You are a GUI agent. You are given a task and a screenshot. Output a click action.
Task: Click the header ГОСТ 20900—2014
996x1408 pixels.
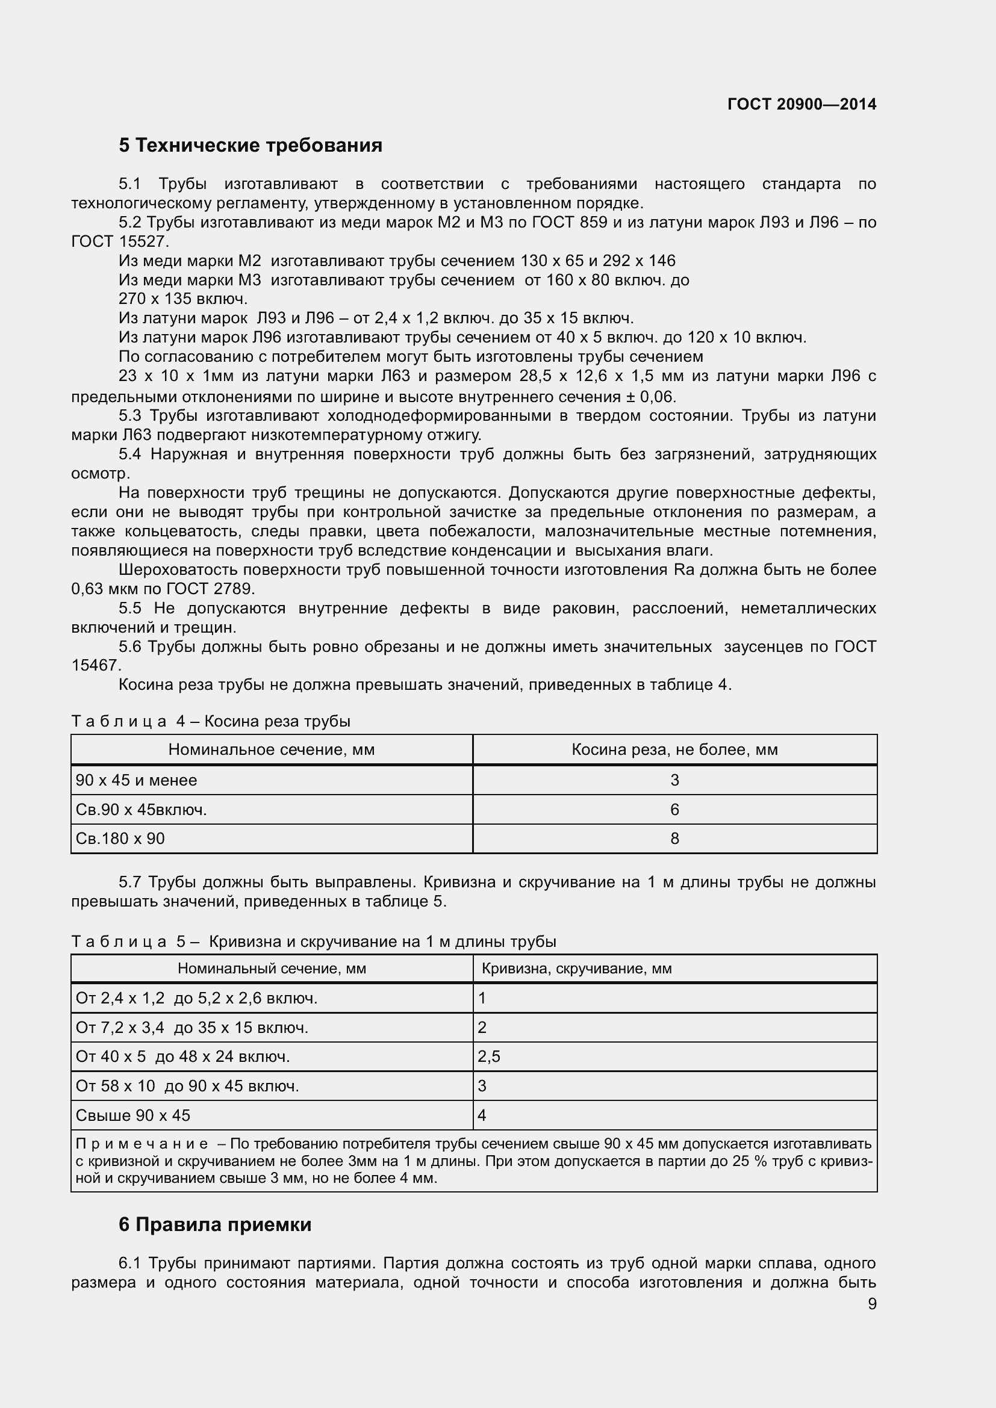click(801, 104)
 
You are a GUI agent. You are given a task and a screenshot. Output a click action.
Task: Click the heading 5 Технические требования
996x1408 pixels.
click(251, 145)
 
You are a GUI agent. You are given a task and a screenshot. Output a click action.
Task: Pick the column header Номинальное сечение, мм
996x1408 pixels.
click(271, 749)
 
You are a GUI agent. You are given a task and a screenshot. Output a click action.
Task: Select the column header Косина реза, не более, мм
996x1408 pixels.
click(674, 749)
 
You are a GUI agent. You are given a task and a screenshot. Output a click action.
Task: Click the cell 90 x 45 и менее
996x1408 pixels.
click(136, 780)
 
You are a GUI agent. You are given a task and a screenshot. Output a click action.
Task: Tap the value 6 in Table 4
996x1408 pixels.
click(674, 810)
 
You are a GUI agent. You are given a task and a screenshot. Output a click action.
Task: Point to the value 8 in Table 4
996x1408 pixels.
click(674, 839)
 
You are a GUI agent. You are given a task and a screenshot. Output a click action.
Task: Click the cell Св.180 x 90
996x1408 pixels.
click(120, 839)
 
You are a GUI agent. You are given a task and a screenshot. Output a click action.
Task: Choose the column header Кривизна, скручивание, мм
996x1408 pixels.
click(576, 969)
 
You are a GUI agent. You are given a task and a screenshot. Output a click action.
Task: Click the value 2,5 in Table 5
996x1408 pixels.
click(489, 1056)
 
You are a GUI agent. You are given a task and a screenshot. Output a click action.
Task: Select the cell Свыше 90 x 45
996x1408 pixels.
click(133, 1115)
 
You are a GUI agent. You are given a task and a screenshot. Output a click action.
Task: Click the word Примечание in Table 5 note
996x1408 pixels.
click(142, 1144)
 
